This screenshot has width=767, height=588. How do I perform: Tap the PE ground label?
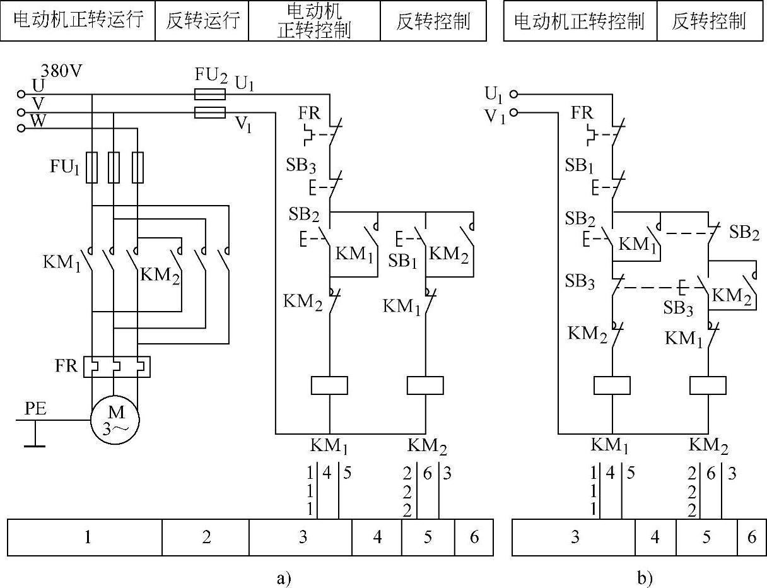(x=35, y=409)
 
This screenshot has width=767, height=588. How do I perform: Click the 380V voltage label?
(x=61, y=71)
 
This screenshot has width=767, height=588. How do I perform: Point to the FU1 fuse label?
(x=65, y=167)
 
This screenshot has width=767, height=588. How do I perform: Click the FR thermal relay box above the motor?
(x=117, y=366)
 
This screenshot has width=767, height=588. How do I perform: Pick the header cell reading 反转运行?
(x=202, y=21)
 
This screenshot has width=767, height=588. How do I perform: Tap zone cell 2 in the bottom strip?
(x=206, y=537)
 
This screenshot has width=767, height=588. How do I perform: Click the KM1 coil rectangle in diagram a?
(x=330, y=385)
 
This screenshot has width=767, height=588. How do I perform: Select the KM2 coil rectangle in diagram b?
(x=708, y=385)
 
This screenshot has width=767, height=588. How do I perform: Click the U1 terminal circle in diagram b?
(x=513, y=95)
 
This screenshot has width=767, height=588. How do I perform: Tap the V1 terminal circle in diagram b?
(x=513, y=113)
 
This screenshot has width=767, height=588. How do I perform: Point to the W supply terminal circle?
(x=21, y=128)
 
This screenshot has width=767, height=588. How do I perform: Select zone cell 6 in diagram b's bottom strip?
(x=751, y=537)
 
